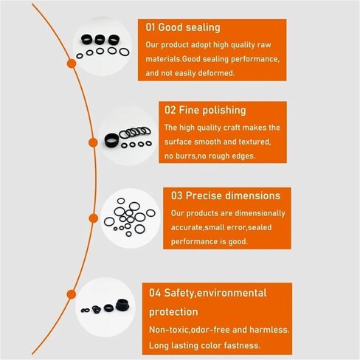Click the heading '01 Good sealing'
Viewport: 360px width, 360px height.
[183, 27]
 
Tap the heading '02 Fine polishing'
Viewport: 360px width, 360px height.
[205, 110]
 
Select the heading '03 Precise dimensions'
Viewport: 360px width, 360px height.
[226, 195]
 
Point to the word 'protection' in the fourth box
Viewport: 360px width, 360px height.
[173, 312]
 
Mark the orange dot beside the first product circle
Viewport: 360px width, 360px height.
[72, 63]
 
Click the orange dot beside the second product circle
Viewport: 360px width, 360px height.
[93, 142]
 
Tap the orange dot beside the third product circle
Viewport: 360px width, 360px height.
[93, 218]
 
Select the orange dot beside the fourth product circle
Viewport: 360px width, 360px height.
[72, 294]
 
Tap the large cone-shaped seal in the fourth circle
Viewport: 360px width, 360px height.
[122, 305]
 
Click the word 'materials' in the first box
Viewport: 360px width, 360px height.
[163, 59]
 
